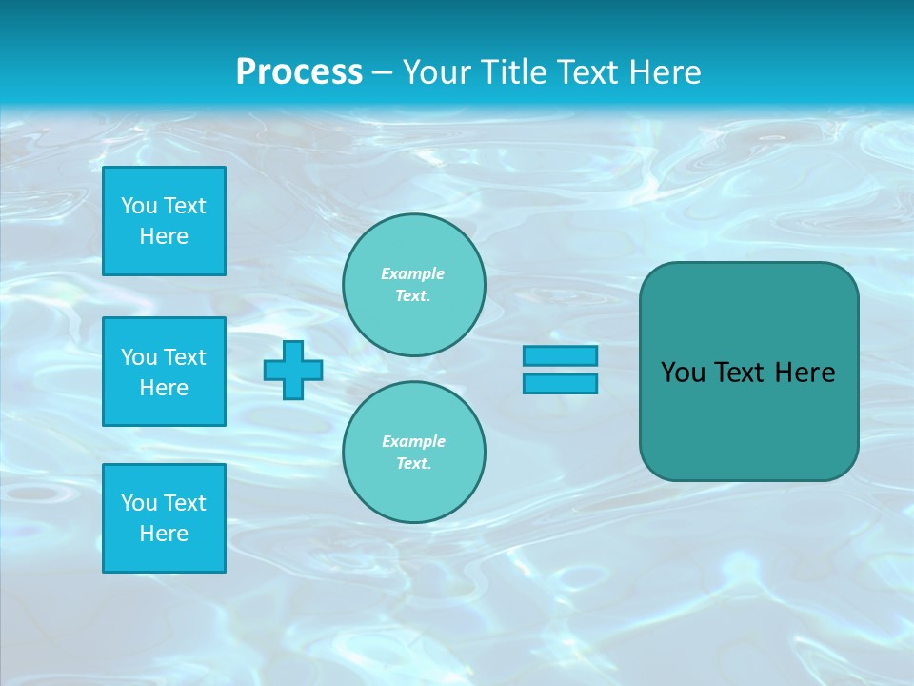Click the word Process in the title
tap(299, 72)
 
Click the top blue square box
tap(164, 221)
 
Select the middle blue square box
tap(164, 372)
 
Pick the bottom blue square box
tap(164, 518)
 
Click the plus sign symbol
tap(293, 370)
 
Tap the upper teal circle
tap(414, 285)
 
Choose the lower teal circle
tap(414, 453)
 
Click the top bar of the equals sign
tap(560, 355)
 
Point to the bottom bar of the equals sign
tap(560, 383)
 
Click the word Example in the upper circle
tap(413, 273)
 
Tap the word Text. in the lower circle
tap(414, 464)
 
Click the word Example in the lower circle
tap(413, 441)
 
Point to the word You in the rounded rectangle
tap(682, 373)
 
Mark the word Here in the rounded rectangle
tap(805, 373)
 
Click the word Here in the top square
tap(164, 236)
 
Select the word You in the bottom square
tap(139, 503)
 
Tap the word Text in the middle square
tap(185, 357)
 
